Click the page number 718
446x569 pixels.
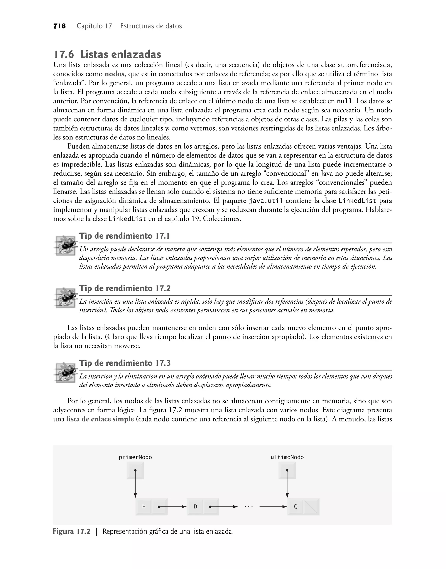click(x=59, y=26)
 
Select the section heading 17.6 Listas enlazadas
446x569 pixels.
click(x=107, y=54)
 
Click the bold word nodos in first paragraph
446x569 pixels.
click(x=114, y=74)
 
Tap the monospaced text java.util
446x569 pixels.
click(x=265, y=201)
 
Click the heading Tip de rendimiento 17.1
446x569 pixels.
click(x=125, y=236)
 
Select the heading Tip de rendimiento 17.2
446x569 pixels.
click(x=125, y=288)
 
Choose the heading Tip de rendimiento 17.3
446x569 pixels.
click(x=125, y=363)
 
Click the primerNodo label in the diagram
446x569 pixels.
click(x=135, y=457)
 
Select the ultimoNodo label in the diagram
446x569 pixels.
click(x=287, y=457)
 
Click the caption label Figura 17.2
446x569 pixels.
click(x=72, y=532)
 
